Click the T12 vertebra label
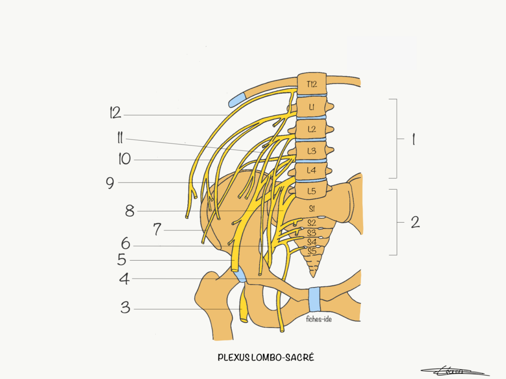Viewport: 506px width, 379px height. click(x=311, y=84)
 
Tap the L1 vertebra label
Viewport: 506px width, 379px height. click(x=312, y=107)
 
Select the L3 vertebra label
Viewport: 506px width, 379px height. click(x=312, y=151)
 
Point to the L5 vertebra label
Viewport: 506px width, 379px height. click(x=311, y=190)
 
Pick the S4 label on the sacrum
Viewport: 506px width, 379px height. click(x=311, y=242)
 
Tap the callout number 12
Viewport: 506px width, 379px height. click(x=116, y=113)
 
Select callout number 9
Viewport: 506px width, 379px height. click(x=110, y=183)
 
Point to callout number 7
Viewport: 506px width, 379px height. click(x=157, y=229)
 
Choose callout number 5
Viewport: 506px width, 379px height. click(x=122, y=260)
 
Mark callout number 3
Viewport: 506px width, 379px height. click(x=126, y=308)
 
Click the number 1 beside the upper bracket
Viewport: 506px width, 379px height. click(x=413, y=140)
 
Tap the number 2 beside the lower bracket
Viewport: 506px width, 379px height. click(x=415, y=222)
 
